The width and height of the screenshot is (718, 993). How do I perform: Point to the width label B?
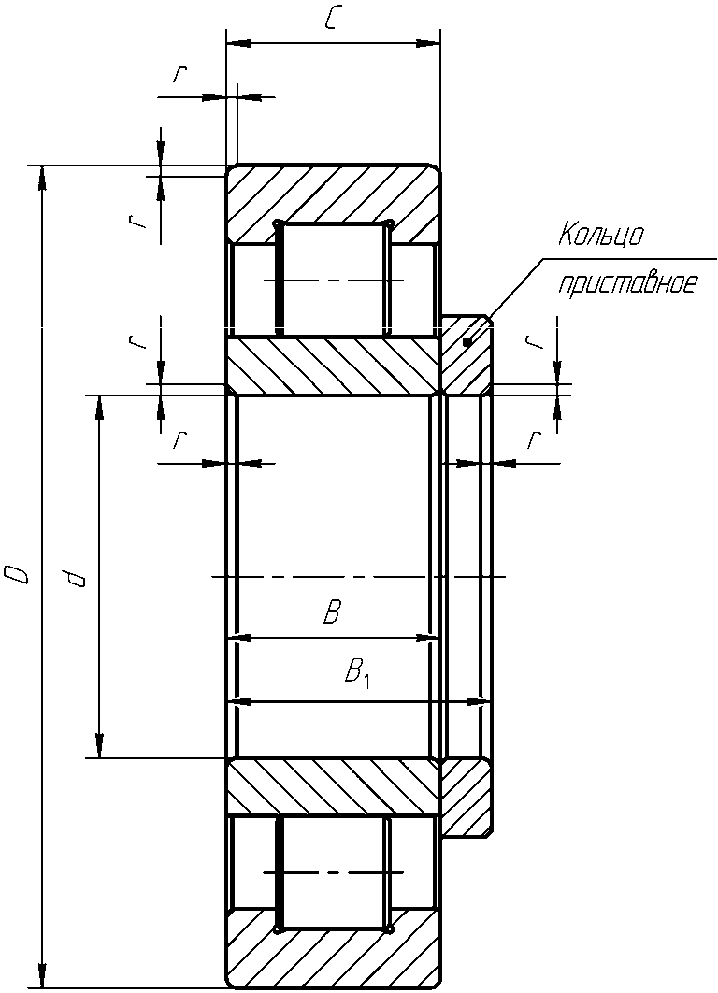point(332,612)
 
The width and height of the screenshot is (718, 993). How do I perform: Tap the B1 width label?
point(358,674)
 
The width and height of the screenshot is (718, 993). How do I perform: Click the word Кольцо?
point(601,236)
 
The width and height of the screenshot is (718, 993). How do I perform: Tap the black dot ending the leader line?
point(467,342)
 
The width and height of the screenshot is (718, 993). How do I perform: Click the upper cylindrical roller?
point(334,279)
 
